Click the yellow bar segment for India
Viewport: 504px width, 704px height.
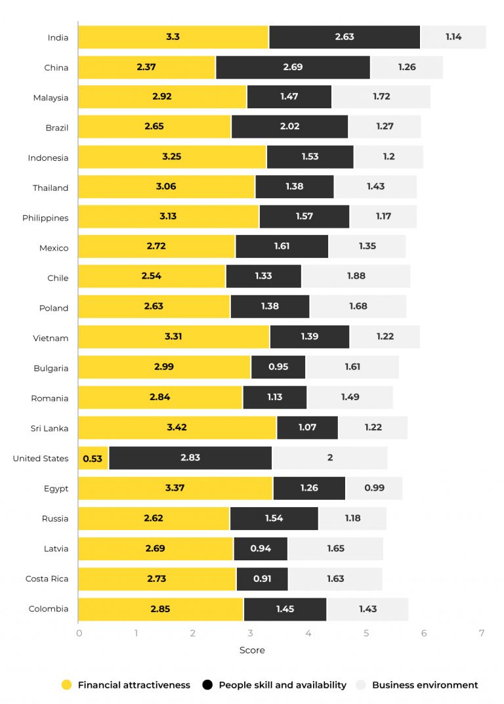pyautogui.click(x=173, y=37)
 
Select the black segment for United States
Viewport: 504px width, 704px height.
pyautogui.click(x=190, y=458)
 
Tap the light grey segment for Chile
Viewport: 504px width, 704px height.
pyautogui.click(x=356, y=276)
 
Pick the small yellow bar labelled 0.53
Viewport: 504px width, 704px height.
pyautogui.click(x=93, y=458)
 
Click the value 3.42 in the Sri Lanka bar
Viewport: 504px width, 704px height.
pyautogui.click(x=177, y=428)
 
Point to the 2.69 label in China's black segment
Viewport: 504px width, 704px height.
pyautogui.click(x=293, y=68)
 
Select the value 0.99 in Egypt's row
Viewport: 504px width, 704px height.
pyautogui.click(x=374, y=488)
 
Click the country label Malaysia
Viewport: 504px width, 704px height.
pyautogui.click(x=51, y=98)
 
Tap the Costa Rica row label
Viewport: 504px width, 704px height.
pyautogui.click(x=47, y=579)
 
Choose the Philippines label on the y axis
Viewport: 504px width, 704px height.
pyautogui.click(x=45, y=218)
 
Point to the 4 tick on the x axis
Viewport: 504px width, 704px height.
pyautogui.click(x=308, y=633)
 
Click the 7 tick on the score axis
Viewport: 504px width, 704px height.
pyautogui.click(x=481, y=633)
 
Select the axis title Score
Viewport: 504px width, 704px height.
pyautogui.click(x=252, y=650)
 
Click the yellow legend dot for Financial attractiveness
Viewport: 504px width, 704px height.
pyautogui.click(x=66, y=685)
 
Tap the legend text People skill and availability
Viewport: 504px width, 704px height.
pyautogui.click(x=282, y=685)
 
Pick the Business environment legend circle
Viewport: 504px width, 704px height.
pyautogui.click(x=361, y=685)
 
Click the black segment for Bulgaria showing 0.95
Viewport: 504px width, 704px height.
pyautogui.click(x=278, y=367)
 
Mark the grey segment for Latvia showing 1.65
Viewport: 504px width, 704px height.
pyautogui.click(x=335, y=549)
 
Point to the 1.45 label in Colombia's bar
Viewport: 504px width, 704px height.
pyautogui.click(x=285, y=609)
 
